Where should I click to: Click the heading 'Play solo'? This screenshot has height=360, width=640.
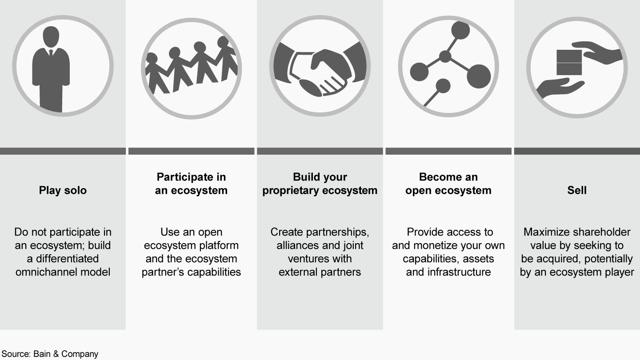point(63,191)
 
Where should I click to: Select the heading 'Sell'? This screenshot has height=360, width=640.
point(577,190)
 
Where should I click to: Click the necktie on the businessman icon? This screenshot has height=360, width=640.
point(51,53)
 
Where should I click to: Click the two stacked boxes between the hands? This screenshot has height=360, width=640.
point(569,62)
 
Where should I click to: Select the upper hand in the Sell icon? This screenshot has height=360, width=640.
point(597,52)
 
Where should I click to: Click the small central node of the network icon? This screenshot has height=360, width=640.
point(445,56)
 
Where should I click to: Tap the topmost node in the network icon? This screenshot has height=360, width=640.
point(460,30)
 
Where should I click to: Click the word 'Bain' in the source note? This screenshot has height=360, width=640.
point(42,354)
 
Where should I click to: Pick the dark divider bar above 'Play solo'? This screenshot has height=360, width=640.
point(63,151)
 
